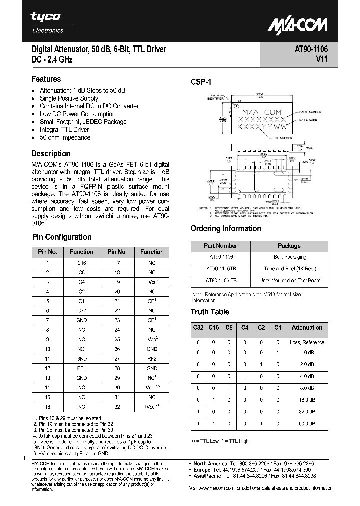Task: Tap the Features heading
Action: click(x=46, y=79)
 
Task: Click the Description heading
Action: click(x=51, y=153)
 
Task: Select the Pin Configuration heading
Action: click(x=62, y=237)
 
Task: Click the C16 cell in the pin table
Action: click(x=81, y=262)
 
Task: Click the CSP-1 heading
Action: click(x=202, y=82)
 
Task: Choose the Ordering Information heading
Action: click(x=226, y=228)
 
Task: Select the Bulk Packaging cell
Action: click(x=290, y=257)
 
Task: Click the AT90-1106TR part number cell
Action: click(x=220, y=269)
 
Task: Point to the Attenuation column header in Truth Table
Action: click(x=307, y=328)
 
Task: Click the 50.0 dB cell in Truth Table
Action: click(x=307, y=424)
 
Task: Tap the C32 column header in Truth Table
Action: click(x=198, y=328)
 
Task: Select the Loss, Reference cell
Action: click(x=307, y=342)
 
